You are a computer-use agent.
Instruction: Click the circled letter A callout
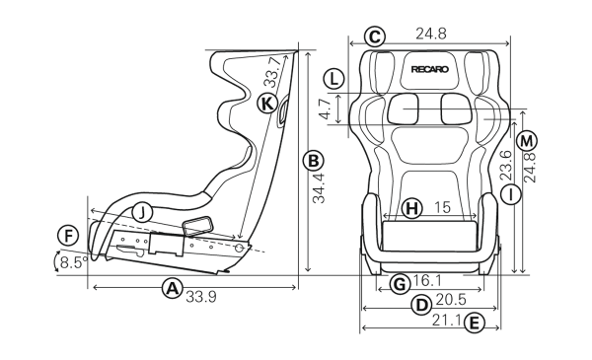pos(172,288)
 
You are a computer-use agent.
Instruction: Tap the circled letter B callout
pos(314,161)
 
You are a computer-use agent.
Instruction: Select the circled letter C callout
pos(375,36)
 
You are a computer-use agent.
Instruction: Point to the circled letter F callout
pos(68,237)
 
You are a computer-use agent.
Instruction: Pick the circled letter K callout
pos(267,103)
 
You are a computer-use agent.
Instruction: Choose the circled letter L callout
pos(333,79)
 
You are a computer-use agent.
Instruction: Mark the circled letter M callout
pos(527,141)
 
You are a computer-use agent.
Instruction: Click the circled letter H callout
pos(411,208)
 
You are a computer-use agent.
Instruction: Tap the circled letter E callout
pos(474,324)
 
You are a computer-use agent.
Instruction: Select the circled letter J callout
pos(142,213)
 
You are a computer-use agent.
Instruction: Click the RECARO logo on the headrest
pos(430,69)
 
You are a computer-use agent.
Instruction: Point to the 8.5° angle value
pos(74,262)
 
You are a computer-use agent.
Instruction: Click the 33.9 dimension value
pos(201,297)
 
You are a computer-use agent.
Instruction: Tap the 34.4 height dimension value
pos(319,188)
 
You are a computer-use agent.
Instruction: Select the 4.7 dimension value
pos(325,109)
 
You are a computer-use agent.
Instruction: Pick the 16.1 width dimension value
pos(426,280)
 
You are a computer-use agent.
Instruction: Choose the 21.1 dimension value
pos(447,321)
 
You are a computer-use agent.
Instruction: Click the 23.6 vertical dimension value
pos(505,166)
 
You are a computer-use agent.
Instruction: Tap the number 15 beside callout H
pos(442,207)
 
